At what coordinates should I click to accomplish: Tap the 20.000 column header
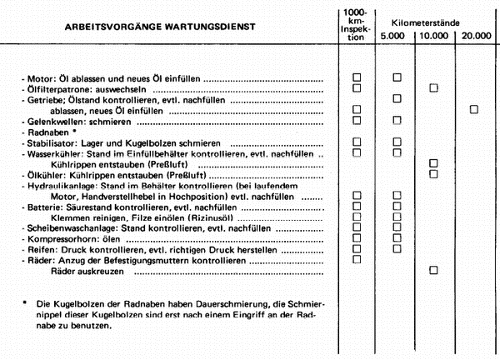click(476, 37)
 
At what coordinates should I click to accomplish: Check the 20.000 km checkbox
click(474, 109)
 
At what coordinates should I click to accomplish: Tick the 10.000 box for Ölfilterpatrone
click(433, 87)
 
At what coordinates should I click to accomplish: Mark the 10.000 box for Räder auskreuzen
click(433, 270)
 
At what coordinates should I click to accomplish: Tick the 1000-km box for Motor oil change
click(357, 77)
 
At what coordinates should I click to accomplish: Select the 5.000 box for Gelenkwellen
click(397, 120)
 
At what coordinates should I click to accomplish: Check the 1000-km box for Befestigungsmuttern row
click(357, 259)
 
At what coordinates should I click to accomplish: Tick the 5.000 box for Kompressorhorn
click(397, 237)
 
